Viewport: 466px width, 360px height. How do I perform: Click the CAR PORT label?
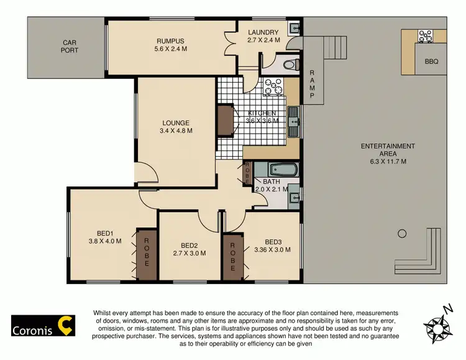[70, 47]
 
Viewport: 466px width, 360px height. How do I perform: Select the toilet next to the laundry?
[289, 64]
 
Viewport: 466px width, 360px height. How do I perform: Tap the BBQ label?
[432, 62]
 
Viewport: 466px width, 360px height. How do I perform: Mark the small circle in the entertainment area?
[402, 234]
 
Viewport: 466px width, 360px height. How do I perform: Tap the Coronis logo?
[43, 325]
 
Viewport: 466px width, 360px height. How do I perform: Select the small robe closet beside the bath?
[247, 172]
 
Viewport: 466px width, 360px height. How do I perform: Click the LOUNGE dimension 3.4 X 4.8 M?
[176, 131]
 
